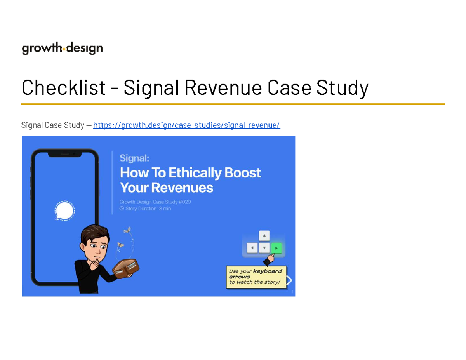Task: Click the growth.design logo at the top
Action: [x=62, y=49]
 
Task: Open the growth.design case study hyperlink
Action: [x=186, y=125]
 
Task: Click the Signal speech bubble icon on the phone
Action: [x=64, y=211]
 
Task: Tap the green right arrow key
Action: [x=276, y=248]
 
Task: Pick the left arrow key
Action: [x=252, y=248]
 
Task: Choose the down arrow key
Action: [x=264, y=248]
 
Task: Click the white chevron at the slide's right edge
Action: [x=289, y=280]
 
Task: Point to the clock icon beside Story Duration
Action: [x=122, y=209]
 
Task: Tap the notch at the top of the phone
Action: [x=64, y=154]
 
